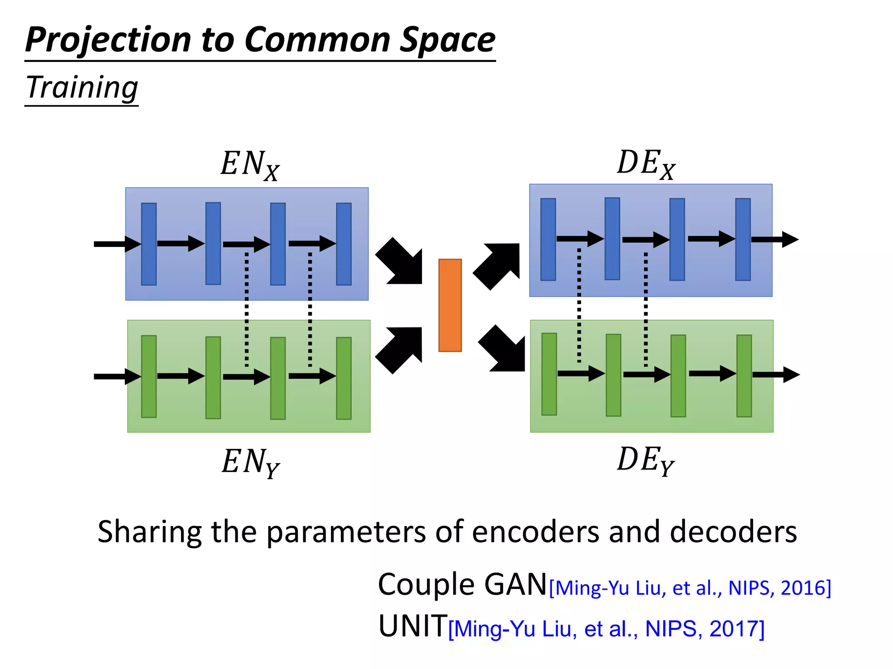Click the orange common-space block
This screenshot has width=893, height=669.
[x=450, y=305]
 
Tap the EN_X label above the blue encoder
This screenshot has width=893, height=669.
[x=250, y=165]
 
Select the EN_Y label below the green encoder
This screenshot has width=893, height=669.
[x=251, y=462]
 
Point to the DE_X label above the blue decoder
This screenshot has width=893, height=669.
[x=646, y=164]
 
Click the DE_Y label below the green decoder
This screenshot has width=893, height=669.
[x=646, y=460]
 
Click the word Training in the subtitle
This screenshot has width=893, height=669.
[x=82, y=88]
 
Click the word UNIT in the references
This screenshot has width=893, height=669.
[x=412, y=626]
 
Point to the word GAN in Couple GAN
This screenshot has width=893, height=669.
[x=515, y=585]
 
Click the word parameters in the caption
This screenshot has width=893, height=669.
[x=346, y=533]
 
